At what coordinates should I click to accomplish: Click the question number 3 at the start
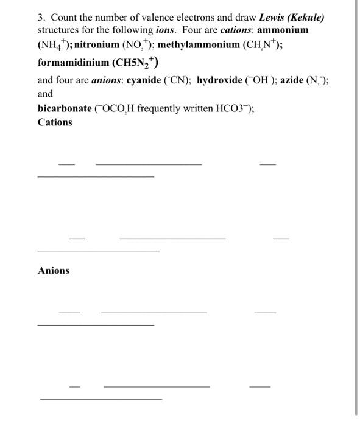41,17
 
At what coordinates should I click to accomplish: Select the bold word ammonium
284,30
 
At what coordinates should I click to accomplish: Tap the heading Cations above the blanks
55,122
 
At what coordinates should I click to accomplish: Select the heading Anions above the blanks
54,271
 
